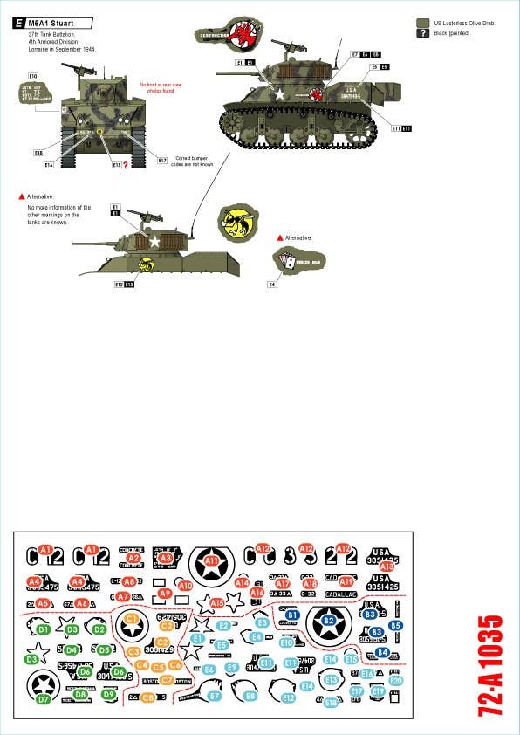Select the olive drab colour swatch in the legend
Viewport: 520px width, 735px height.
423,24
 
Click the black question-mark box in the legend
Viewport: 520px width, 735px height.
423,34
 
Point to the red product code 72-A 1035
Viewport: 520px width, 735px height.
491,667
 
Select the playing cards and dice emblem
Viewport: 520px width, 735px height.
289,259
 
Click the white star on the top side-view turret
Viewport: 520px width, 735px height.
280,93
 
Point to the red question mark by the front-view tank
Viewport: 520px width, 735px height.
126,164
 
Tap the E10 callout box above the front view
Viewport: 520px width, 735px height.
32,76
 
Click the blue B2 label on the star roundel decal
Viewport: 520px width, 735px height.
329,621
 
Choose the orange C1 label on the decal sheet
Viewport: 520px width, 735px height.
132,619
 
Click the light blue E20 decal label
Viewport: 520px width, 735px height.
396,680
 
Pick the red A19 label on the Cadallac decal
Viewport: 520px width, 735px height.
346,581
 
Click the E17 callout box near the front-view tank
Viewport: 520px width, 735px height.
162,160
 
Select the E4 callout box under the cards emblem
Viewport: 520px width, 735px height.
272,285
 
